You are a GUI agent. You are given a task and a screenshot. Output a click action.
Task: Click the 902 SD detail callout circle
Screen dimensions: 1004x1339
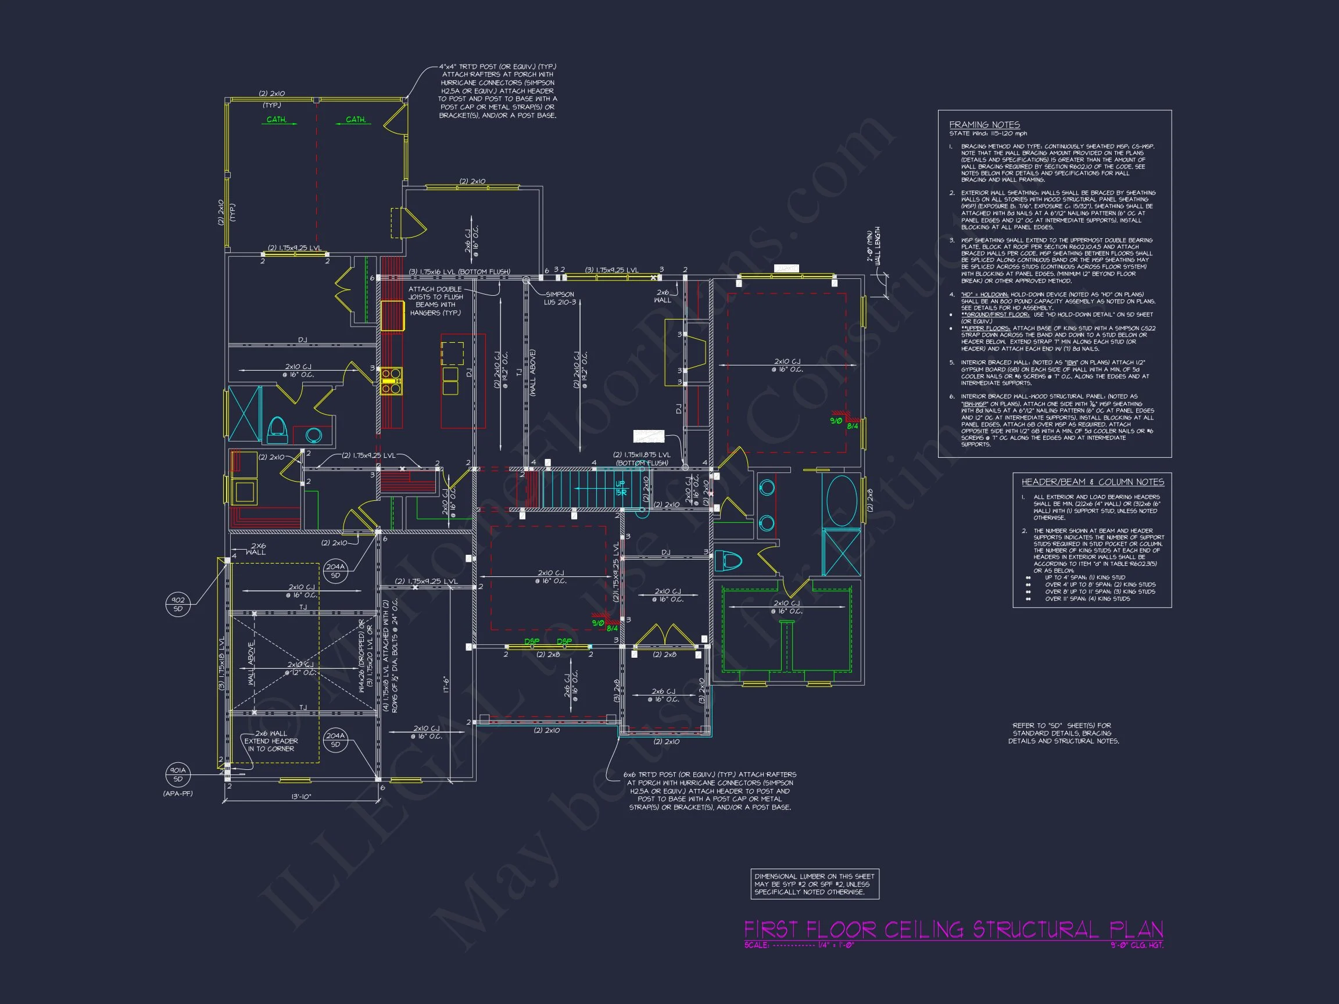(x=178, y=604)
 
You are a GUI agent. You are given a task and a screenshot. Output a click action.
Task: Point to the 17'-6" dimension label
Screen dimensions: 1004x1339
(x=445, y=684)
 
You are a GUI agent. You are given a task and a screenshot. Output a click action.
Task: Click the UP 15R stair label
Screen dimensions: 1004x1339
(x=621, y=488)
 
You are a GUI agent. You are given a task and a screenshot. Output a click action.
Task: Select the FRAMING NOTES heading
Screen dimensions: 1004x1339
(x=984, y=125)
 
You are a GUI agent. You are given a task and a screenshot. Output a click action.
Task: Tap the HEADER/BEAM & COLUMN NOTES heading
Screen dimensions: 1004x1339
(x=1093, y=482)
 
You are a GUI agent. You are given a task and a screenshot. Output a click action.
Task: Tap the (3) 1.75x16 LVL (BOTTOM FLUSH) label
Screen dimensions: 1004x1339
(x=460, y=272)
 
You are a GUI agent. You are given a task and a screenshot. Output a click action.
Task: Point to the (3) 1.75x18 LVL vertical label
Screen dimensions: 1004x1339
(x=221, y=664)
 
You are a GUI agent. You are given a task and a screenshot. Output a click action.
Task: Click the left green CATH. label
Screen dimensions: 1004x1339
(x=277, y=120)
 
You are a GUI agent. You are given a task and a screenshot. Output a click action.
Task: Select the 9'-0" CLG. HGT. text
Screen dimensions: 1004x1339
(x=1138, y=945)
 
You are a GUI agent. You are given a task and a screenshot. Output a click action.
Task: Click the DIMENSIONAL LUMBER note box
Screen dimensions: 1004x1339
(x=814, y=884)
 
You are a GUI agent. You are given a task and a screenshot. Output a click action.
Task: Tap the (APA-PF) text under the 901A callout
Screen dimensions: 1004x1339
(x=178, y=794)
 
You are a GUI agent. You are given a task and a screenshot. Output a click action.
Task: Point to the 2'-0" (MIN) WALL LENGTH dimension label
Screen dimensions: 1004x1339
(x=873, y=245)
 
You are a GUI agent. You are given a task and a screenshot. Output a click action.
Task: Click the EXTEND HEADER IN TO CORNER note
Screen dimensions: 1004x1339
(x=271, y=741)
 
